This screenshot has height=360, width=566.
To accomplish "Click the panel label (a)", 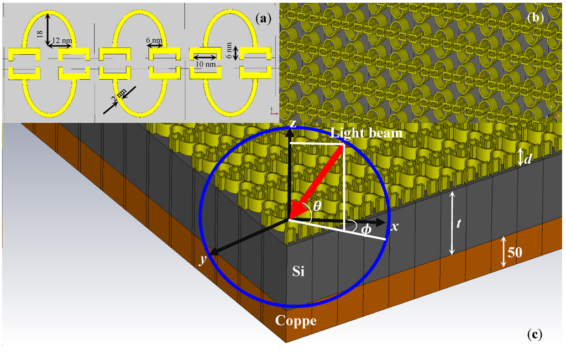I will point(264,18).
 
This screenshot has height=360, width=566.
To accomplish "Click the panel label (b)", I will point(536,17).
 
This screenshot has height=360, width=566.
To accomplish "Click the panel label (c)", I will point(535,333).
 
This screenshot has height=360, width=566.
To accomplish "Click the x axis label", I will point(395,227).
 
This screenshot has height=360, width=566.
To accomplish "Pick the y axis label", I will point(203,260).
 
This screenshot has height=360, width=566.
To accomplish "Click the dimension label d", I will point(528,159).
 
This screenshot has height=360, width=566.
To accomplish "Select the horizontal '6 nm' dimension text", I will point(154,41).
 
